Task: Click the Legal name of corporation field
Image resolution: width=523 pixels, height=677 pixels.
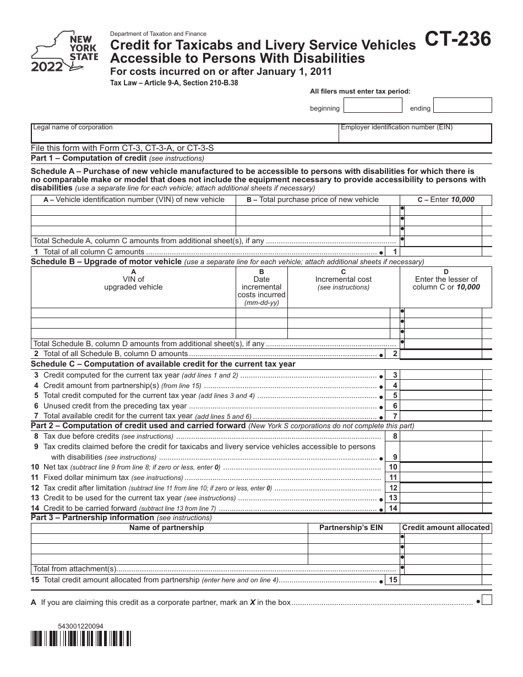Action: [x=185, y=133]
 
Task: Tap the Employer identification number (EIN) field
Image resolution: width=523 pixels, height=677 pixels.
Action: [x=415, y=133]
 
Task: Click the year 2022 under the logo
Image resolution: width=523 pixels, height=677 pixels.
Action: [x=46, y=67]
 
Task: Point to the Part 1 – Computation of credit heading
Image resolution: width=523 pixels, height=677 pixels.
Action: [x=89, y=158]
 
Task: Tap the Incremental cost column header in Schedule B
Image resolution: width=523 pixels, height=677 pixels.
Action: [x=343, y=279]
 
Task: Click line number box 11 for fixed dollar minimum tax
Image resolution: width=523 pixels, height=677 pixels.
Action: [x=393, y=477]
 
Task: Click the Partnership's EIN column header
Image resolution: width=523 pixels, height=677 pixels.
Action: [x=351, y=527]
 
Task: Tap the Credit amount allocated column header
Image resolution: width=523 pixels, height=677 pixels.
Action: [x=445, y=527]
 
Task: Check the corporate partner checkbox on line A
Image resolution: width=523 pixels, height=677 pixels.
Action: [x=487, y=601]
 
